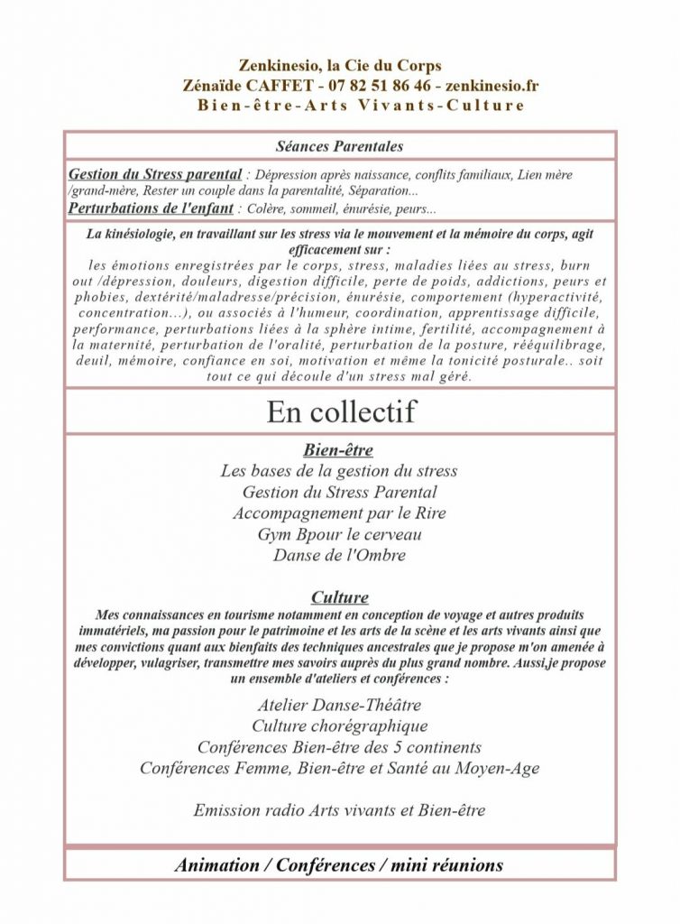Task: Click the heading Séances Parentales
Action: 339,145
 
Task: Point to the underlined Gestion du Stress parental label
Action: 155,174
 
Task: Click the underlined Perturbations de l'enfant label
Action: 151,208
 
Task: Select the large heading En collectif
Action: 340,411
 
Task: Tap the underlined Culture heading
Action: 339,597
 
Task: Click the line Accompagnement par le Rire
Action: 339,513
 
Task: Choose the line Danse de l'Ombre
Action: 339,555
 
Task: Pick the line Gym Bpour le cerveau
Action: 339,534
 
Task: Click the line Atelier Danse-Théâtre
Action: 339,705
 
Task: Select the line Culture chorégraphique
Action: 339,725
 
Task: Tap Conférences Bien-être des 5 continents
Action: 339,747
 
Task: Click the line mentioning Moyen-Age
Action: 339,768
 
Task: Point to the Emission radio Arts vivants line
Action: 339,810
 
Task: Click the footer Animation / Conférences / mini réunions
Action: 339,864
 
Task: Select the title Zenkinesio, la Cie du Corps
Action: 340,66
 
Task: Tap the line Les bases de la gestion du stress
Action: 339,471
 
